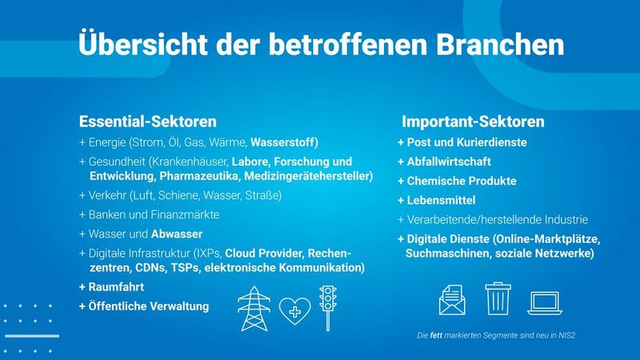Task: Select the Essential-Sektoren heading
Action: pyautogui.click(x=148, y=122)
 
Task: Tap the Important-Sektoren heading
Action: pyautogui.click(x=473, y=122)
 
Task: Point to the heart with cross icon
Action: pyautogui.click(x=294, y=310)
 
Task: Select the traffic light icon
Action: pyautogui.click(x=327, y=306)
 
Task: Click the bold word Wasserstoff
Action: pyautogui.click(x=285, y=143)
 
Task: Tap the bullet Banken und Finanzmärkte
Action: pyautogui.click(x=149, y=214)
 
